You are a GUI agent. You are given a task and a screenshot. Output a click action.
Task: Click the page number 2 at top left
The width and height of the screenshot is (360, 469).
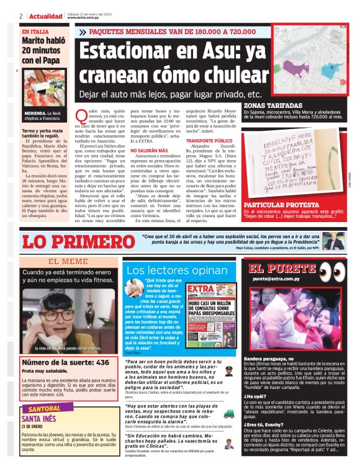[x=20, y=16]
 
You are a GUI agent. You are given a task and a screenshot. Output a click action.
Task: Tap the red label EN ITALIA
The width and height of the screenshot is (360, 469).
[x=36, y=31]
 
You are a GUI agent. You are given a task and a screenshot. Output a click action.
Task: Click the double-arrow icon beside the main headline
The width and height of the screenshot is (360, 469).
[x=81, y=31]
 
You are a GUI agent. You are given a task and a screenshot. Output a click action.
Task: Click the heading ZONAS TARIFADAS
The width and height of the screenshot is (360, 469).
[x=268, y=106]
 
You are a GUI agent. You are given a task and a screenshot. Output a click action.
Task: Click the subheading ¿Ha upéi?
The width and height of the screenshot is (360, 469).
[x=254, y=395]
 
